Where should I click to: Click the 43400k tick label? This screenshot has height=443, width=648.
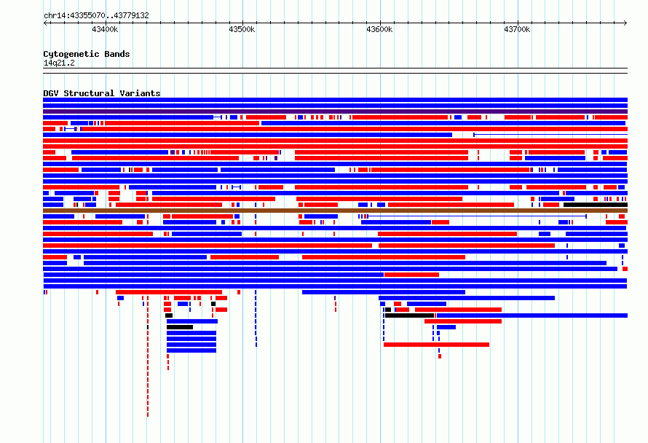tap(105, 29)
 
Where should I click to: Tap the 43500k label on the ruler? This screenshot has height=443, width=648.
tap(242, 29)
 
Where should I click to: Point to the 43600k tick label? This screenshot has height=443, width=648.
tap(379, 29)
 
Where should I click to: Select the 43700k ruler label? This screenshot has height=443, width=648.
tap(517, 29)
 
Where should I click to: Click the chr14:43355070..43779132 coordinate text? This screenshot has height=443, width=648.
tap(96, 16)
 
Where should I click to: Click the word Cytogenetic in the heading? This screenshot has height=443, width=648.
tap(71, 54)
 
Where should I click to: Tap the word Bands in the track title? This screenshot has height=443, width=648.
tap(117, 54)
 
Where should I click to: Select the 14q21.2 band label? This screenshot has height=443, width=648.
tap(59, 63)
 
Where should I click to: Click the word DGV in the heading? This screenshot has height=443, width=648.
tap(51, 93)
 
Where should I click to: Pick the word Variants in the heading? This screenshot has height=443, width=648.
tap(140, 93)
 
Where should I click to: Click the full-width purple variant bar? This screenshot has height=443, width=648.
tap(335, 111)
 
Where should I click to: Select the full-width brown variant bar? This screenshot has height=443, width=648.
tap(335, 211)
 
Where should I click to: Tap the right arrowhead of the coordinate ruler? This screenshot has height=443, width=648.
tap(625, 23)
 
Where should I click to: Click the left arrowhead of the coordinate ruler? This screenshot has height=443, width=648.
tap(45, 23)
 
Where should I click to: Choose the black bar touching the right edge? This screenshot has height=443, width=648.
tap(596, 205)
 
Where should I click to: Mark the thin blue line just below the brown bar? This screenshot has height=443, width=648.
tap(477, 216)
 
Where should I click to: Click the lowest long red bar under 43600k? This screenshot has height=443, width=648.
tap(436, 345)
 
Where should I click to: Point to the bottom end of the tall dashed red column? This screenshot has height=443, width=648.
tap(148, 415)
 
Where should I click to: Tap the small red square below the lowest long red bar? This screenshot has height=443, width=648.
tap(440, 356)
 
